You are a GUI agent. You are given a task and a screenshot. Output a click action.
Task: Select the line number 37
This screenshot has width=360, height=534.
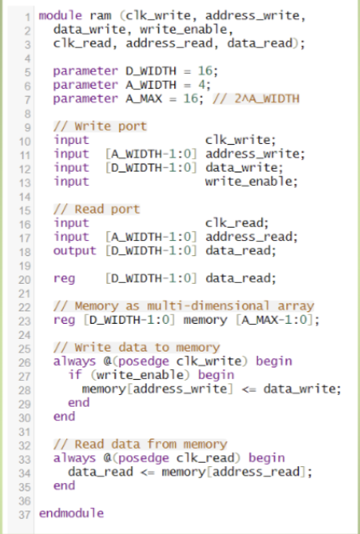[x=24, y=512]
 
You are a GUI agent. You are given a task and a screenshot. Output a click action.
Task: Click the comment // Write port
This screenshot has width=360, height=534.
[x=100, y=126]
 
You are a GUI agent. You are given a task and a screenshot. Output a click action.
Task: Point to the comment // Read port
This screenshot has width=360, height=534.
[x=96, y=208]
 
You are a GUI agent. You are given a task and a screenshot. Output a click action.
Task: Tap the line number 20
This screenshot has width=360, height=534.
[x=24, y=278]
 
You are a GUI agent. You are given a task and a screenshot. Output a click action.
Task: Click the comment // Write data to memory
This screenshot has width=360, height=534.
[x=136, y=347]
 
